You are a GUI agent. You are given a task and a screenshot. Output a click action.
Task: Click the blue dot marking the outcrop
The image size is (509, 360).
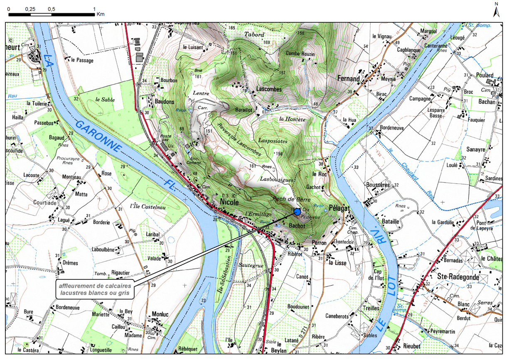[297, 212]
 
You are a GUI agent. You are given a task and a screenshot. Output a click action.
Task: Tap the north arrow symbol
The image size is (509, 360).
[496, 10]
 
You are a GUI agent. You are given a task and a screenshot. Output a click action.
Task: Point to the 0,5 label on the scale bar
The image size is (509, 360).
[51, 9]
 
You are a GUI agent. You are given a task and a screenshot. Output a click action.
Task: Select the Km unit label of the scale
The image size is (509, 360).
[100, 14]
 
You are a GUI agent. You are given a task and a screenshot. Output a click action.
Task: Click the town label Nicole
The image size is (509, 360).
[229, 202]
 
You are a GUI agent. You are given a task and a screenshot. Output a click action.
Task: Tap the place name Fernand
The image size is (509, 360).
[348, 78]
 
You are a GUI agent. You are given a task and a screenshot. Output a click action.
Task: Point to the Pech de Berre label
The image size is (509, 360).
[286, 199]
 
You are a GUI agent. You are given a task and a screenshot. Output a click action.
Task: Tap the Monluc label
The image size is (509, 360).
[160, 314]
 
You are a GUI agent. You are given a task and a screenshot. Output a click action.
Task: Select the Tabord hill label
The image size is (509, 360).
[254, 34]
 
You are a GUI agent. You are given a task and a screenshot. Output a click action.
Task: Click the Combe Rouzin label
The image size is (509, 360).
[300, 54]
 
